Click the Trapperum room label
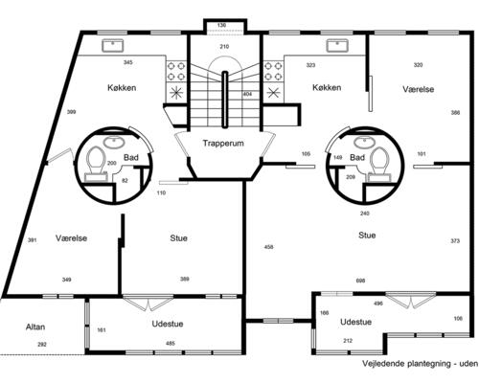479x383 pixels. click(223, 144)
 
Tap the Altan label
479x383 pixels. click(35, 327)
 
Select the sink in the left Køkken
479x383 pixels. click(112, 45)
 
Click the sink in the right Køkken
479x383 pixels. click(337, 45)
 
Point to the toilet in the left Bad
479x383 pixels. click(96, 162)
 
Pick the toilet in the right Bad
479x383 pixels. click(380, 164)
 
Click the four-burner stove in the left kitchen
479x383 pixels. click(176, 71)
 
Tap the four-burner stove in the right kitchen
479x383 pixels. click(273, 71)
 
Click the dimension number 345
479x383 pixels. click(128, 62)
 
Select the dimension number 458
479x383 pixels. click(269, 247)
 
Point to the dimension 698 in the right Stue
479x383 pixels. click(360, 281)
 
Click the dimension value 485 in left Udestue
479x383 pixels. click(171, 344)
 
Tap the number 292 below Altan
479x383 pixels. click(42, 345)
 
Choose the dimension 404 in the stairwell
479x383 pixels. click(247, 94)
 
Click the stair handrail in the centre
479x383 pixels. click(225, 100)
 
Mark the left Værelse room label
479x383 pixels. click(71, 238)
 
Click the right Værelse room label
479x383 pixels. click(419, 89)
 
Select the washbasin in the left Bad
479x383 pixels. click(115, 142)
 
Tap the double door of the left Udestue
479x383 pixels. click(148, 303)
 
